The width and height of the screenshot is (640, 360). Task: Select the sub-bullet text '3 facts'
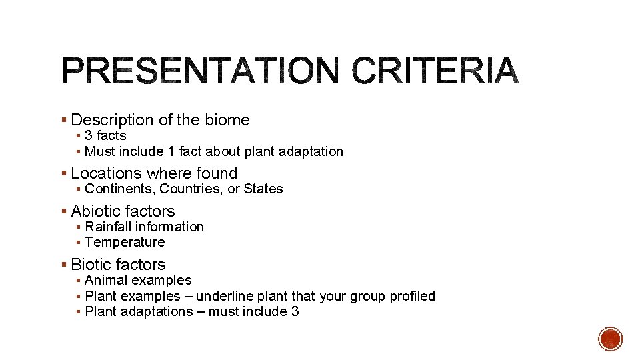pos(105,135)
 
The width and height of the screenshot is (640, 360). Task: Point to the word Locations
pos(104,173)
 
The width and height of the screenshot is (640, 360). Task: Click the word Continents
pos(120,189)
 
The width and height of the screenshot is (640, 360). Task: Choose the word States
pos(263,189)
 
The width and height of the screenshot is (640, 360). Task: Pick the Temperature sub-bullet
pos(125,242)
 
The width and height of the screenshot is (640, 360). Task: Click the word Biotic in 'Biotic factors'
pos(92,265)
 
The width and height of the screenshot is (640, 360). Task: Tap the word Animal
pos(107,280)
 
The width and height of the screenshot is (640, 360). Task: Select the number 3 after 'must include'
pos(295,311)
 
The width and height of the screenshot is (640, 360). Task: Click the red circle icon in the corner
pos(611,339)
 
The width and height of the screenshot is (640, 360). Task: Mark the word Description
pos(112,120)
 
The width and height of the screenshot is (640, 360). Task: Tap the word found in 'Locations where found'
pos(217,173)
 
